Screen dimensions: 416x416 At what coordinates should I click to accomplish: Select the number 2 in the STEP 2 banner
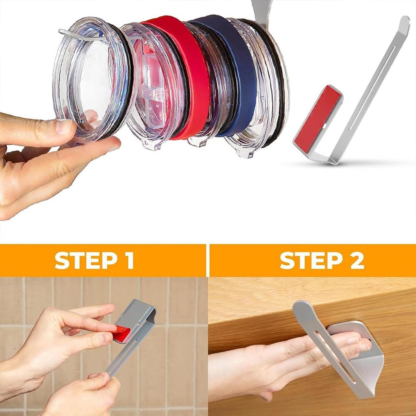pos(356,261)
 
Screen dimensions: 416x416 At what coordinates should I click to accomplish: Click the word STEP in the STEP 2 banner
pos(310,261)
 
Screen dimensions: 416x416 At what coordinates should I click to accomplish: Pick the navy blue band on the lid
pos(241,73)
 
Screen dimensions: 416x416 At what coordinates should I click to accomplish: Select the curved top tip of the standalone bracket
pos(404,22)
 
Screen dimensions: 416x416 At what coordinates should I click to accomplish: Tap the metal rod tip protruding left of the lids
pos(63,32)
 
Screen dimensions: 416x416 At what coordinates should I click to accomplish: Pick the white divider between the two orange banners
pos(208,261)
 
